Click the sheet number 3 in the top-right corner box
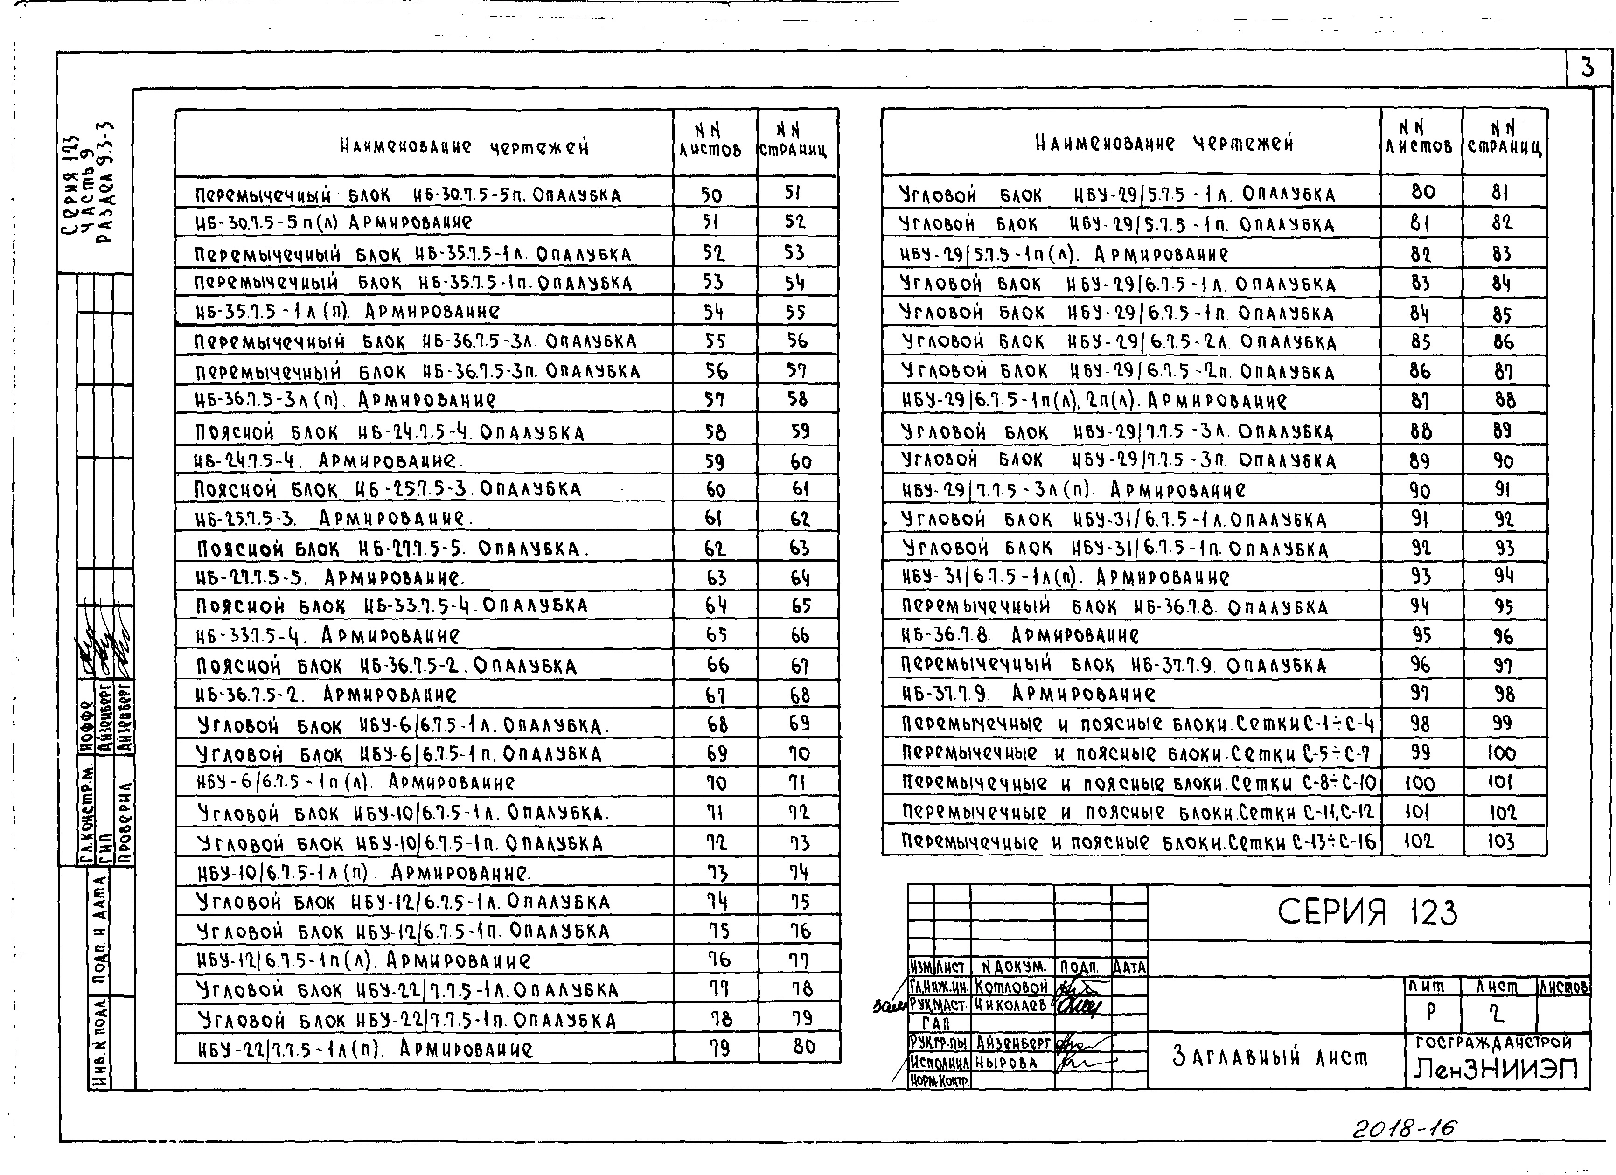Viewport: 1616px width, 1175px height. [x=1587, y=69]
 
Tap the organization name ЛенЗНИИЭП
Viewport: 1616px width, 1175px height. [x=1496, y=1069]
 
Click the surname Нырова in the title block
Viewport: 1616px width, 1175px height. [x=1006, y=1063]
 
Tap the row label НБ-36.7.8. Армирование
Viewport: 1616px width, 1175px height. [x=1020, y=635]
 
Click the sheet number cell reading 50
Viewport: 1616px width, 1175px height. [x=711, y=195]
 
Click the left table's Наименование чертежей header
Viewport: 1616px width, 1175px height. [x=465, y=147]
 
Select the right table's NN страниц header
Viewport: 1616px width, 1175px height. [x=1504, y=139]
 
